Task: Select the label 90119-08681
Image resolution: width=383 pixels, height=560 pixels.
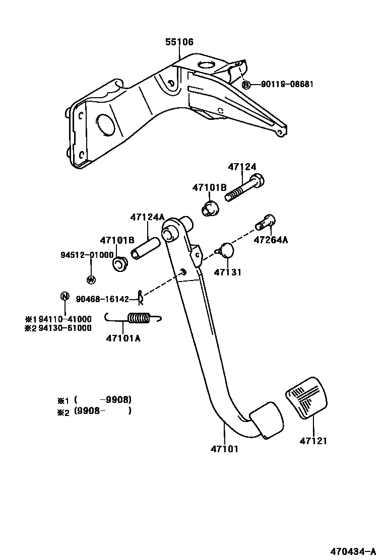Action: point(287,85)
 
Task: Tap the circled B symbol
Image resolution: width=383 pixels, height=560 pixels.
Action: point(246,85)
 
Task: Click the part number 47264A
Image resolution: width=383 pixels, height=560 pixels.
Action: point(271,240)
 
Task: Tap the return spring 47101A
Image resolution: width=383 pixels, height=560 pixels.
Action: point(137,319)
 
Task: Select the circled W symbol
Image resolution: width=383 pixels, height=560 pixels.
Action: point(91,279)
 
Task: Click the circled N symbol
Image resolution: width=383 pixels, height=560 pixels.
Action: point(65,296)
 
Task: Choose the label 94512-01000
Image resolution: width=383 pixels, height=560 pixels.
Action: point(88,255)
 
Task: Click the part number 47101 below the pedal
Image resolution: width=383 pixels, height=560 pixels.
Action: point(224,449)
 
